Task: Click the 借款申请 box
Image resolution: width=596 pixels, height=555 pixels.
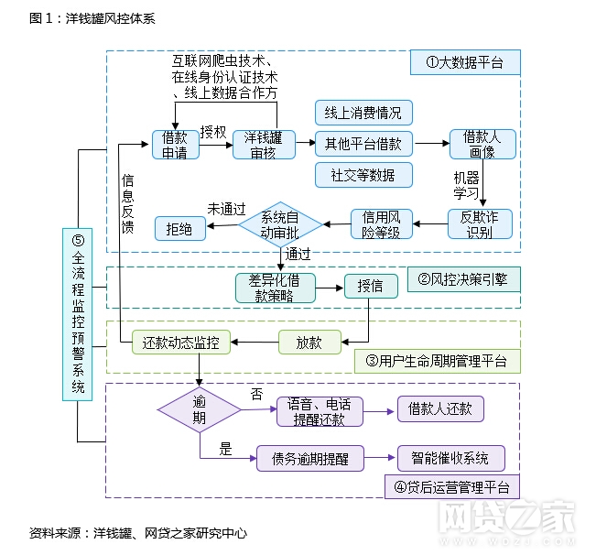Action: coord(175,145)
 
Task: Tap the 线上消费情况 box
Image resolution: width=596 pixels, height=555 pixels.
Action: coord(363,113)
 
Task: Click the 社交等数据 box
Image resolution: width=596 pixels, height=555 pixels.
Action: coord(363,174)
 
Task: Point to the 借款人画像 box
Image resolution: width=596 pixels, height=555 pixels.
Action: coord(483,145)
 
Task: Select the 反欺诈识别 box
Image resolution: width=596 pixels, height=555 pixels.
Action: coord(479,224)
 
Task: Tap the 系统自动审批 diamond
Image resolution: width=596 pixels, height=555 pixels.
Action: coord(281,223)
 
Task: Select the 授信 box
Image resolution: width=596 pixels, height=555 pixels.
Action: coord(371,287)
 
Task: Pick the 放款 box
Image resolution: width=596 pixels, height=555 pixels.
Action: coord(309,343)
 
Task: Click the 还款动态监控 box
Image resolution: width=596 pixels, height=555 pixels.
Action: coord(181,343)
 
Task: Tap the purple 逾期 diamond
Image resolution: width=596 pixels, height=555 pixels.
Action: coord(199,409)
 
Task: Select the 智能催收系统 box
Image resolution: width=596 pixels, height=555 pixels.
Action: coord(450,457)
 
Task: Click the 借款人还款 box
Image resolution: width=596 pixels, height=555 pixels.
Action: coord(440,408)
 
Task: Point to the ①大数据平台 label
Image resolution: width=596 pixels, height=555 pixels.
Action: coord(464,62)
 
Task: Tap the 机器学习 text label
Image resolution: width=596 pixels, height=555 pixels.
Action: coord(466,185)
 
